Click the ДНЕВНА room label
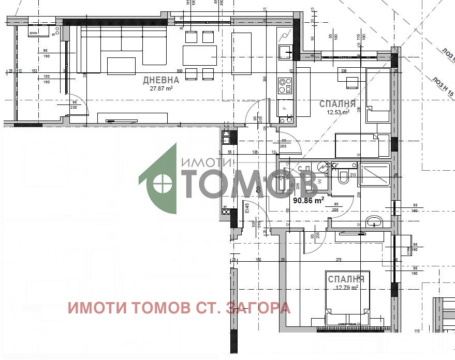pyautogui.click(x=161, y=80)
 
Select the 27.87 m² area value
pyautogui.click(x=161, y=88)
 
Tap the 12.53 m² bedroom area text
pyautogui.click(x=337, y=112)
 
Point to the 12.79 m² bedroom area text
pyautogui.click(x=346, y=288)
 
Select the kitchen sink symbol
pyautogui.click(x=285, y=52)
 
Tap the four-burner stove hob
pyautogui.click(x=285, y=84)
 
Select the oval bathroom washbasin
pyautogui.click(x=374, y=223)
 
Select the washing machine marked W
pyautogui.click(x=321, y=181)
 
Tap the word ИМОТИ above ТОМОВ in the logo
pyautogui.click(x=206, y=162)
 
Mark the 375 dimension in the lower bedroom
pyautogui.click(x=339, y=260)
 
